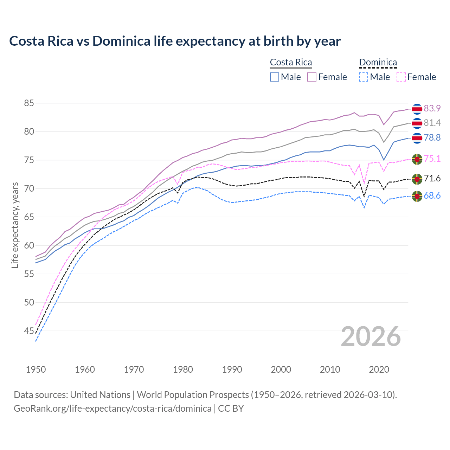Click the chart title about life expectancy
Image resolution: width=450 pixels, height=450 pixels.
(175, 41)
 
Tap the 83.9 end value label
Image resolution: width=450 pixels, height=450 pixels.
(432, 108)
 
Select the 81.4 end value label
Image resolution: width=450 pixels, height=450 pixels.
(432, 123)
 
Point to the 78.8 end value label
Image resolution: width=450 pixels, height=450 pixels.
(432, 137)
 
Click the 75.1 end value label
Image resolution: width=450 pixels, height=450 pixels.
(432, 159)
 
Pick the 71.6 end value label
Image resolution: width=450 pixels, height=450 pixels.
(432, 179)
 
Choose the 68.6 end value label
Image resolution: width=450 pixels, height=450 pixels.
(432, 195)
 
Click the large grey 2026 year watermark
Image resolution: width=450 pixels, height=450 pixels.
(371, 336)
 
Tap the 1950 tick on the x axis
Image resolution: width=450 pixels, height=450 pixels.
(36, 369)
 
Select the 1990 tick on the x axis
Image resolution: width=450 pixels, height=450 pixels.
(232, 369)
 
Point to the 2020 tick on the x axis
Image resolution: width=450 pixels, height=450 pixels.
(379, 369)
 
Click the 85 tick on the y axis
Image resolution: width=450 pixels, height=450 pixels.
(29, 103)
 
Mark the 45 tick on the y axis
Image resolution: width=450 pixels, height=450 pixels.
(29, 331)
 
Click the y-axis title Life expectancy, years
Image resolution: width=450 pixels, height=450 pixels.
(15, 225)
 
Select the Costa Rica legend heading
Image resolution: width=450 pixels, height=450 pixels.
(291, 62)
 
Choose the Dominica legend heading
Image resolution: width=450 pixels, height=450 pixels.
(378, 62)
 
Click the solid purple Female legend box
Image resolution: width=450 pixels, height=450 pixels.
(312, 77)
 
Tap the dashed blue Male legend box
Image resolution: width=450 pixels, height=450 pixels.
(364, 77)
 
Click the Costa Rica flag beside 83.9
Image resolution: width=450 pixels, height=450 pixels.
(417, 109)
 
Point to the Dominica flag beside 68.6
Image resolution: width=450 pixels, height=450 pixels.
(417, 196)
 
